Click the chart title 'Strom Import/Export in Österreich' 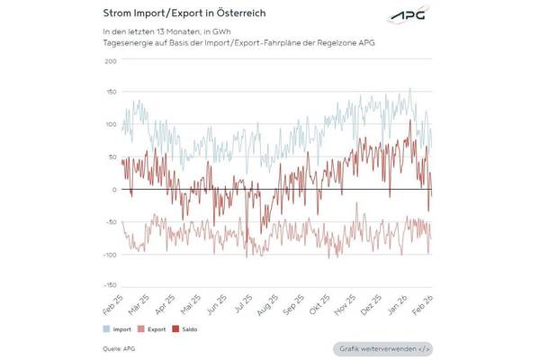pyautogui.click(x=177, y=13)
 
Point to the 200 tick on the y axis pyautogui.click(x=111, y=60)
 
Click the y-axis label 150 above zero pyautogui.click(x=111, y=93)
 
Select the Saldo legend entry pyautogui.click(x=187, y=329)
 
